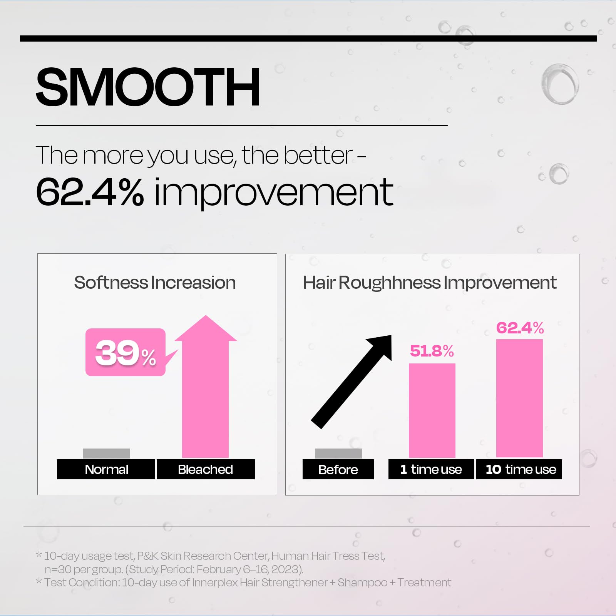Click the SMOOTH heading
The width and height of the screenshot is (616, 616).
148,87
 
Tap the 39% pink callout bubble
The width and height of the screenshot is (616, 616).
126,352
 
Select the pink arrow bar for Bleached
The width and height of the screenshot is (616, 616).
206,387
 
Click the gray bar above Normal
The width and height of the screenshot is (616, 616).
106,454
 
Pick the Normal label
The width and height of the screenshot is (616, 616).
106,469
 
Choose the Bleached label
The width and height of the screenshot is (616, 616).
206,469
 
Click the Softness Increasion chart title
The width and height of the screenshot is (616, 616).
155,283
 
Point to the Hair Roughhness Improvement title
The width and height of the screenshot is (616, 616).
430,283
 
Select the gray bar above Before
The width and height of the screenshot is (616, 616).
338,454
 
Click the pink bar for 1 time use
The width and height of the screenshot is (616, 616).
432,410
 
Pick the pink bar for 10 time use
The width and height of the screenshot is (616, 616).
519,398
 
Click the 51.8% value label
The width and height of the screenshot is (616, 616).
432,351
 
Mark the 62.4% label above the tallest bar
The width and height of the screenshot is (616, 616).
520,328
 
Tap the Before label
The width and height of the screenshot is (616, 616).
338,469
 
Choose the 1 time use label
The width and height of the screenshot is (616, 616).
431,469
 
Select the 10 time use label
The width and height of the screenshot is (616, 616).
519,469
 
